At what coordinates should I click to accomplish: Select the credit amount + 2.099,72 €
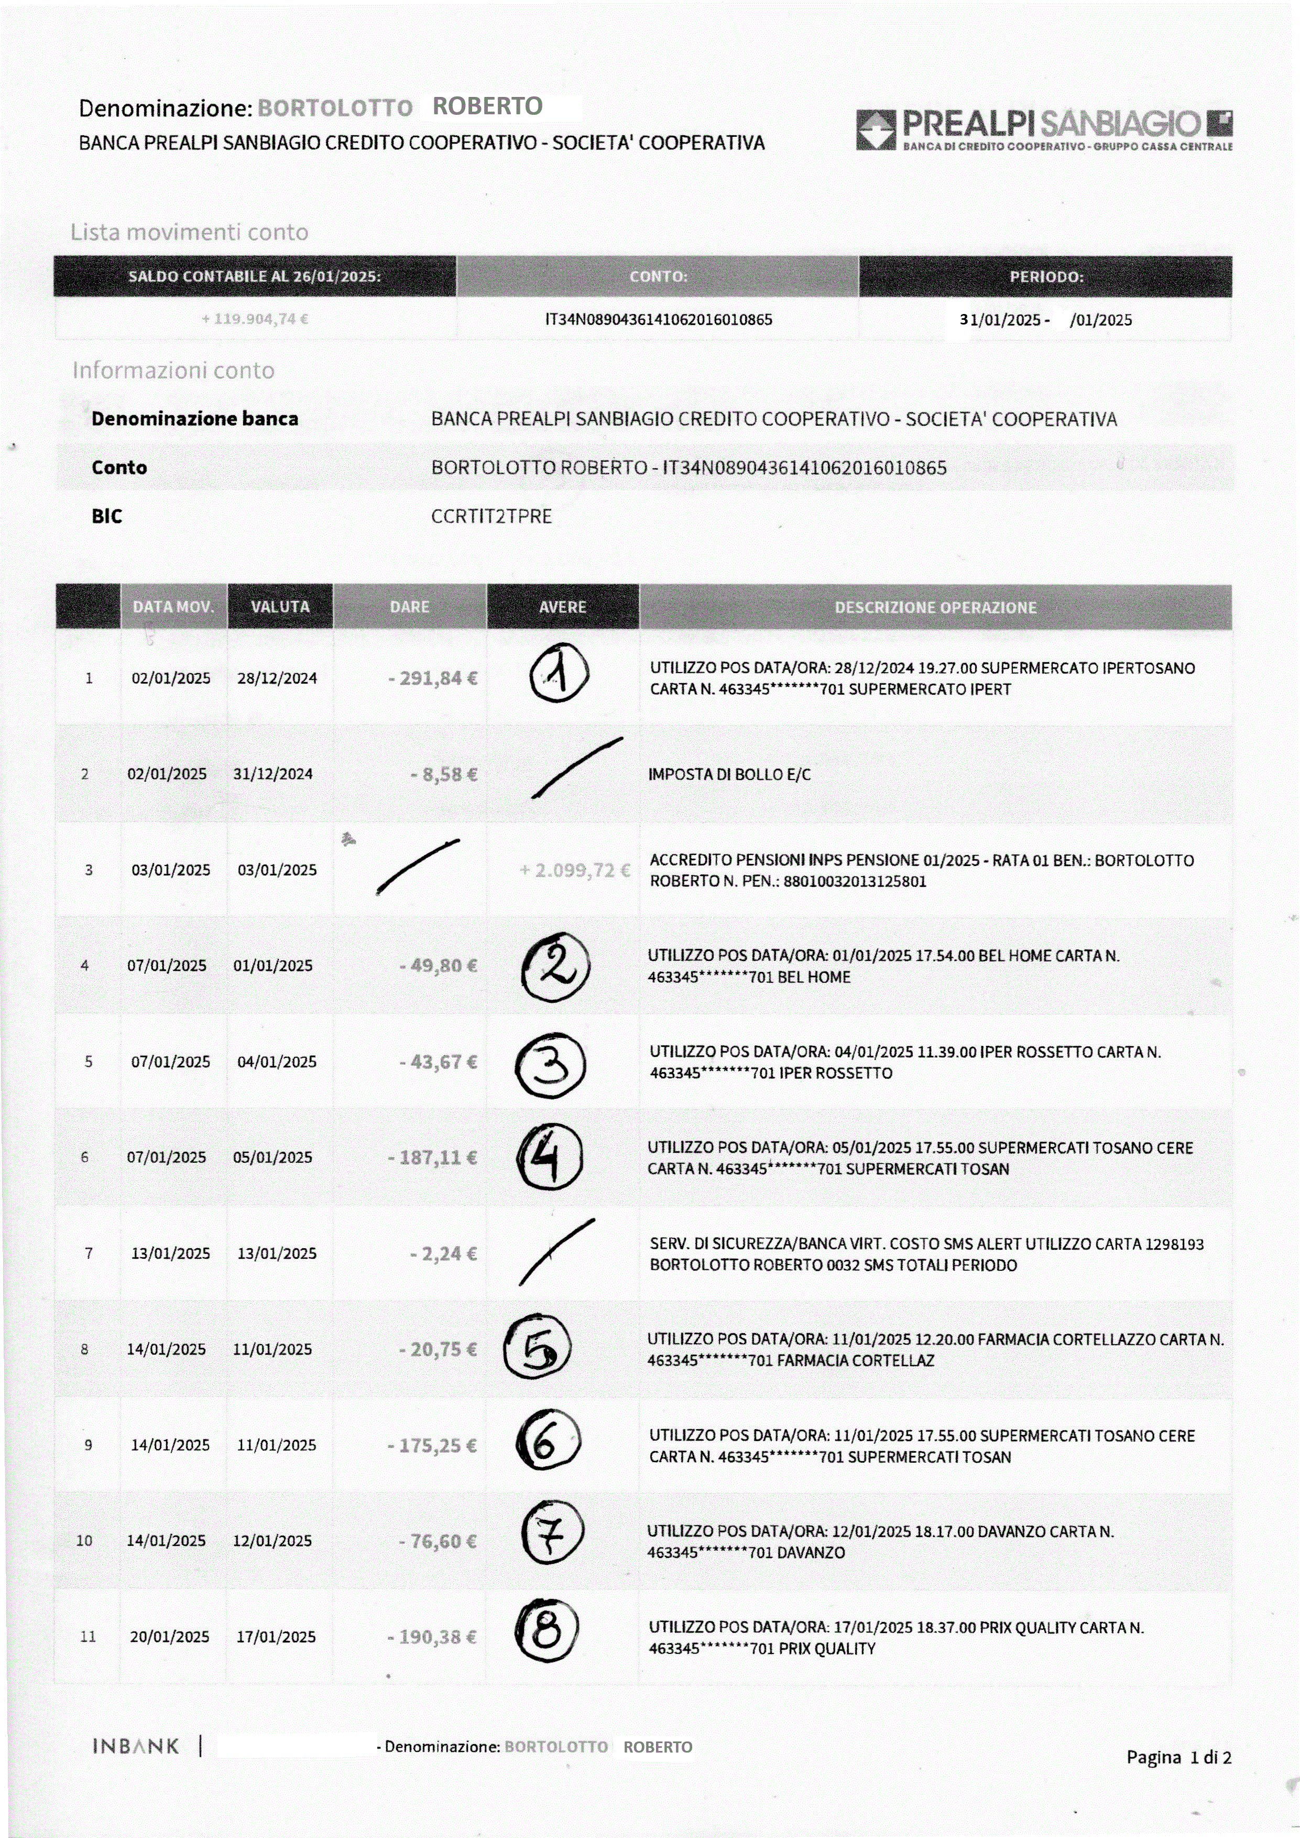click(x=574, y=870)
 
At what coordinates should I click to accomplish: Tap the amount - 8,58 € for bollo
click(x=443, y=774)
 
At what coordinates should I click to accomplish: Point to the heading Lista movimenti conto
click(x=189, y=232)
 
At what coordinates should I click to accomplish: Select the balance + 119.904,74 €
click(x=255, y=319)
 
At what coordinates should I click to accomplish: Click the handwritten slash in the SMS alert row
click(x=556, y=1252)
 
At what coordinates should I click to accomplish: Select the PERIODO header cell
click(x=1045, y=276)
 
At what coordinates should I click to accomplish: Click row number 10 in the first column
click(x=84, y=1541)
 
